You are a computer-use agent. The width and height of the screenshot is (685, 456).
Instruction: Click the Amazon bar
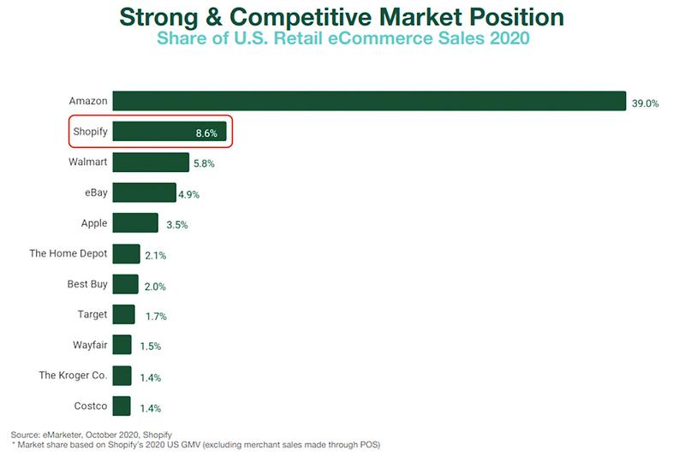[369, 101]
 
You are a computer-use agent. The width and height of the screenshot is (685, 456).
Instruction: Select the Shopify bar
[154, 132]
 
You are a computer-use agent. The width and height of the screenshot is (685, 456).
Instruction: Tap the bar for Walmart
[151, 163]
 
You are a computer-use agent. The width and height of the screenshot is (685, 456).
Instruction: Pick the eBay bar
[144, 192]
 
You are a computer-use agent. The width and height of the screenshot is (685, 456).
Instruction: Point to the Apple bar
[135, 223]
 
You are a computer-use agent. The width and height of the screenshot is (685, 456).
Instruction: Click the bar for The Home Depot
[126, 254]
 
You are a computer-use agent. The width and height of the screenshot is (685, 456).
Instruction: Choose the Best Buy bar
[125, 284]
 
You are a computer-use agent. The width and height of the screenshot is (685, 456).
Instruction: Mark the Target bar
[123, 315]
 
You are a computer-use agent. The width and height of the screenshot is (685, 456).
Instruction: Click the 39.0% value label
[645, 103]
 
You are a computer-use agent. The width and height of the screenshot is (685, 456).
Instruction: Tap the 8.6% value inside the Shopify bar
[206, 133]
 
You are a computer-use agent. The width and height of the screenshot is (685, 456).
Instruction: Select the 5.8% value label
[204, 163]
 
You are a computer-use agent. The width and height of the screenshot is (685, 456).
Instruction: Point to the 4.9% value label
[188, 194]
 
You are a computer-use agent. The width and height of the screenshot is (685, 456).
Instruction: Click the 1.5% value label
[150, 346]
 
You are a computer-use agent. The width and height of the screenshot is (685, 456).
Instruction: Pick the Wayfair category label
[90, 345]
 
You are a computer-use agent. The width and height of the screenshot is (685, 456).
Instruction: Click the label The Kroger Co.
[74, 376]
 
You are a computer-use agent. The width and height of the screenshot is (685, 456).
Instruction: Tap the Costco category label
[91, 406]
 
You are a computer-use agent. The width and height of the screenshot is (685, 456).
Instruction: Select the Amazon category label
[88, 101]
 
